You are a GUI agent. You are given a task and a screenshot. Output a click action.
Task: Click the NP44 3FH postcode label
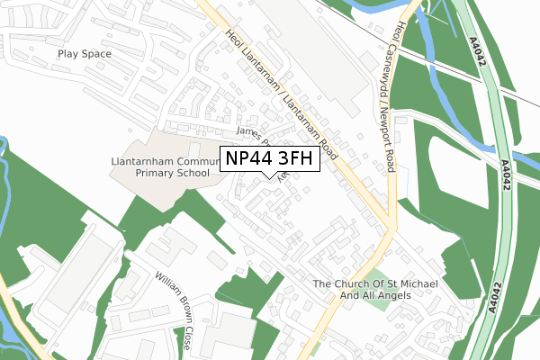271,159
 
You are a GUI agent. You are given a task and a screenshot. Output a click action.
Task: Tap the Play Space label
85,54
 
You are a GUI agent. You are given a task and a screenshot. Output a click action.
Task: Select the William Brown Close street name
174,300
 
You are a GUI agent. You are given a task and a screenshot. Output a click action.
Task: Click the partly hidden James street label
247,133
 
